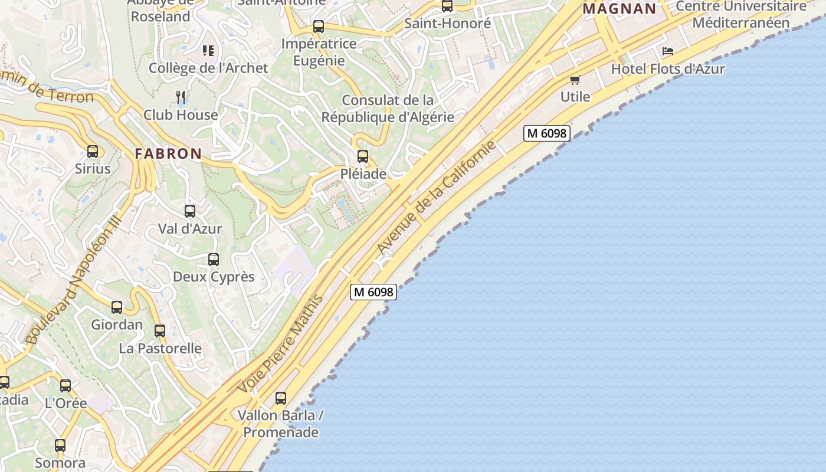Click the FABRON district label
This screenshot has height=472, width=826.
coord(168,153)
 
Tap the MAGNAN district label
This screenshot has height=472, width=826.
coord(619,9)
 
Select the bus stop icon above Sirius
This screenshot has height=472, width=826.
coord(93,152)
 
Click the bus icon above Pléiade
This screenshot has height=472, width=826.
coord(363,156)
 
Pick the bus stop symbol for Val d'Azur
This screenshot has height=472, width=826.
coord(190,211)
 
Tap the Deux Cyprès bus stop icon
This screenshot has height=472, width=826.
coord(214,260)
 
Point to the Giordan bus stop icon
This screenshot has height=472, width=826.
coord(117,307)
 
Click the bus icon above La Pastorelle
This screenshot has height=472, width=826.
coord(160,331)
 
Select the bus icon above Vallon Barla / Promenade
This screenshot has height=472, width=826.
coord(281,398)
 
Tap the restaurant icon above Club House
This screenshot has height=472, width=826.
coord(181,97)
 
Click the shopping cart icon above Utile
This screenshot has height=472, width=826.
coord(575,80)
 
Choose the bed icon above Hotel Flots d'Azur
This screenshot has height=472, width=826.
coord(668,51)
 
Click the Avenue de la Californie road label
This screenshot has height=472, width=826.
coord(436,198)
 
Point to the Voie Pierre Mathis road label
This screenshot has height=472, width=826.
coord(281,345)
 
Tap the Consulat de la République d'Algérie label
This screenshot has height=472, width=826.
coord(388,109)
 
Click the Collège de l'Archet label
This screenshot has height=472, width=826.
coord(208,68)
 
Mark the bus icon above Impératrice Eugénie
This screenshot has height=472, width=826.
coord(319,27)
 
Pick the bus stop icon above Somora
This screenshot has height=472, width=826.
coord(60,445)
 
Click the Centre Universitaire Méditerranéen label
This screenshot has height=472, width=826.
coord(741,15)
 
